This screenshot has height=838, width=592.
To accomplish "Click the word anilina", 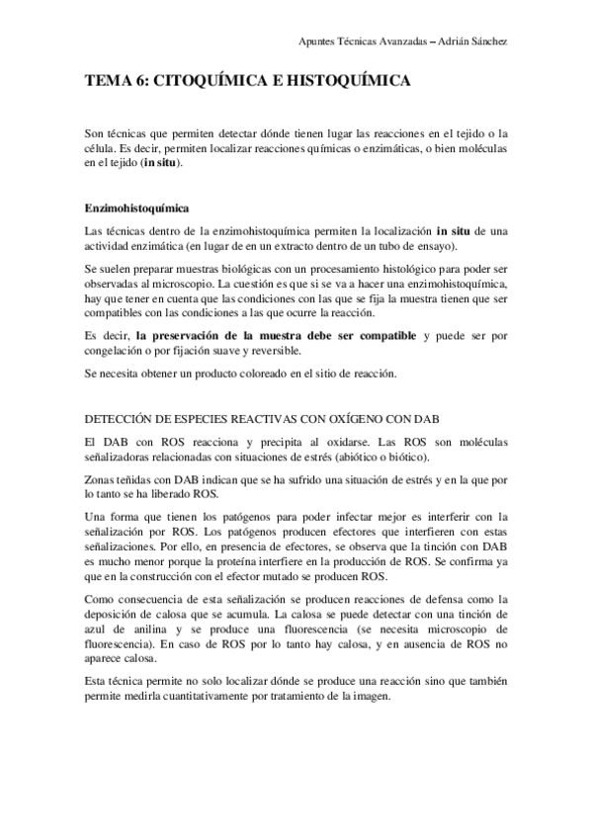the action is click(150, 628).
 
